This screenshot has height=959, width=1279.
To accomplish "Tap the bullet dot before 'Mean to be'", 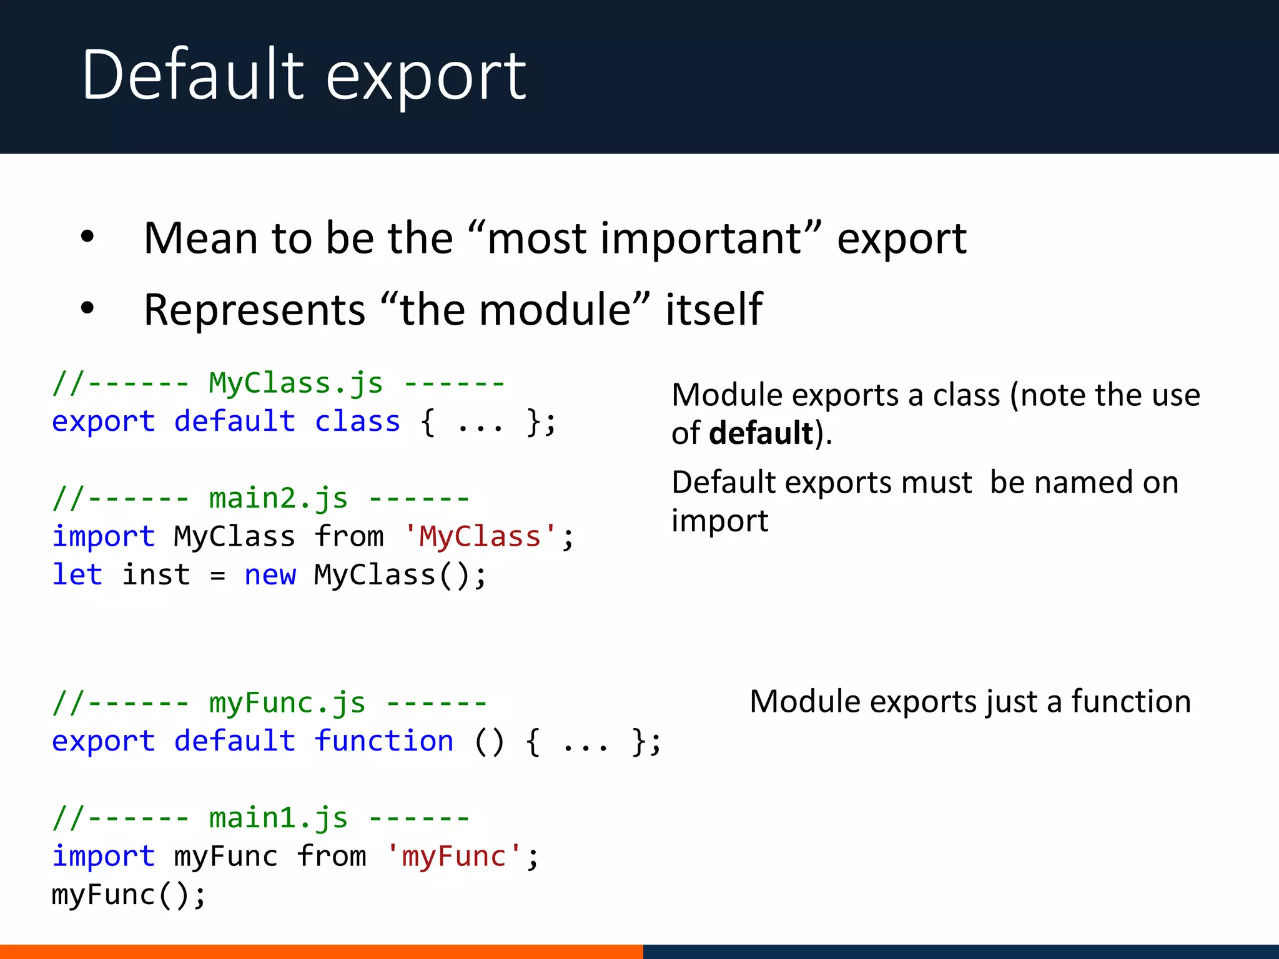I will click(x=87, y=237).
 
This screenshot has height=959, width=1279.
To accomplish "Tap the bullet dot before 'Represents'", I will click(x=87, y=308).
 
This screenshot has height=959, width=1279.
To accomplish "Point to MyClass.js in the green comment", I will click(x=295, y=383).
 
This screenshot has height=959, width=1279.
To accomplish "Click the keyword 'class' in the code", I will click(x=357, y=421).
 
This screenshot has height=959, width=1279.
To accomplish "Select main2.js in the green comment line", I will click(x=278, y=498).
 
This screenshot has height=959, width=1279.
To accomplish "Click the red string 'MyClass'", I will click(x=480, y=536).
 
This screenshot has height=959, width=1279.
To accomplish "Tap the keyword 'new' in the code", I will click(x=270, y=574).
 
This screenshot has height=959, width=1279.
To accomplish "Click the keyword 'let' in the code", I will click(x=77, y=574).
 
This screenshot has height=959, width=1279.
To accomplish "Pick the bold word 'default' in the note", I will click(x=761, y=433).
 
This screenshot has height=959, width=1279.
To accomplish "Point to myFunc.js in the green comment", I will click(x=287, y=703).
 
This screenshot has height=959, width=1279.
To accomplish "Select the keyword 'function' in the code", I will click(x=383, y=741).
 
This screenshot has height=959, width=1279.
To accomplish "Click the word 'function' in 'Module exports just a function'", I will click(x=1131, y=701).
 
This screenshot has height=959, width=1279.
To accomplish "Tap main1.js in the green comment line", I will click(x=278, y=818).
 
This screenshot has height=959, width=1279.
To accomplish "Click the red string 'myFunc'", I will click(x=454, y=856).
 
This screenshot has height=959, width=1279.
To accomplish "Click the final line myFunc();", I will click(x=128, y=895).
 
